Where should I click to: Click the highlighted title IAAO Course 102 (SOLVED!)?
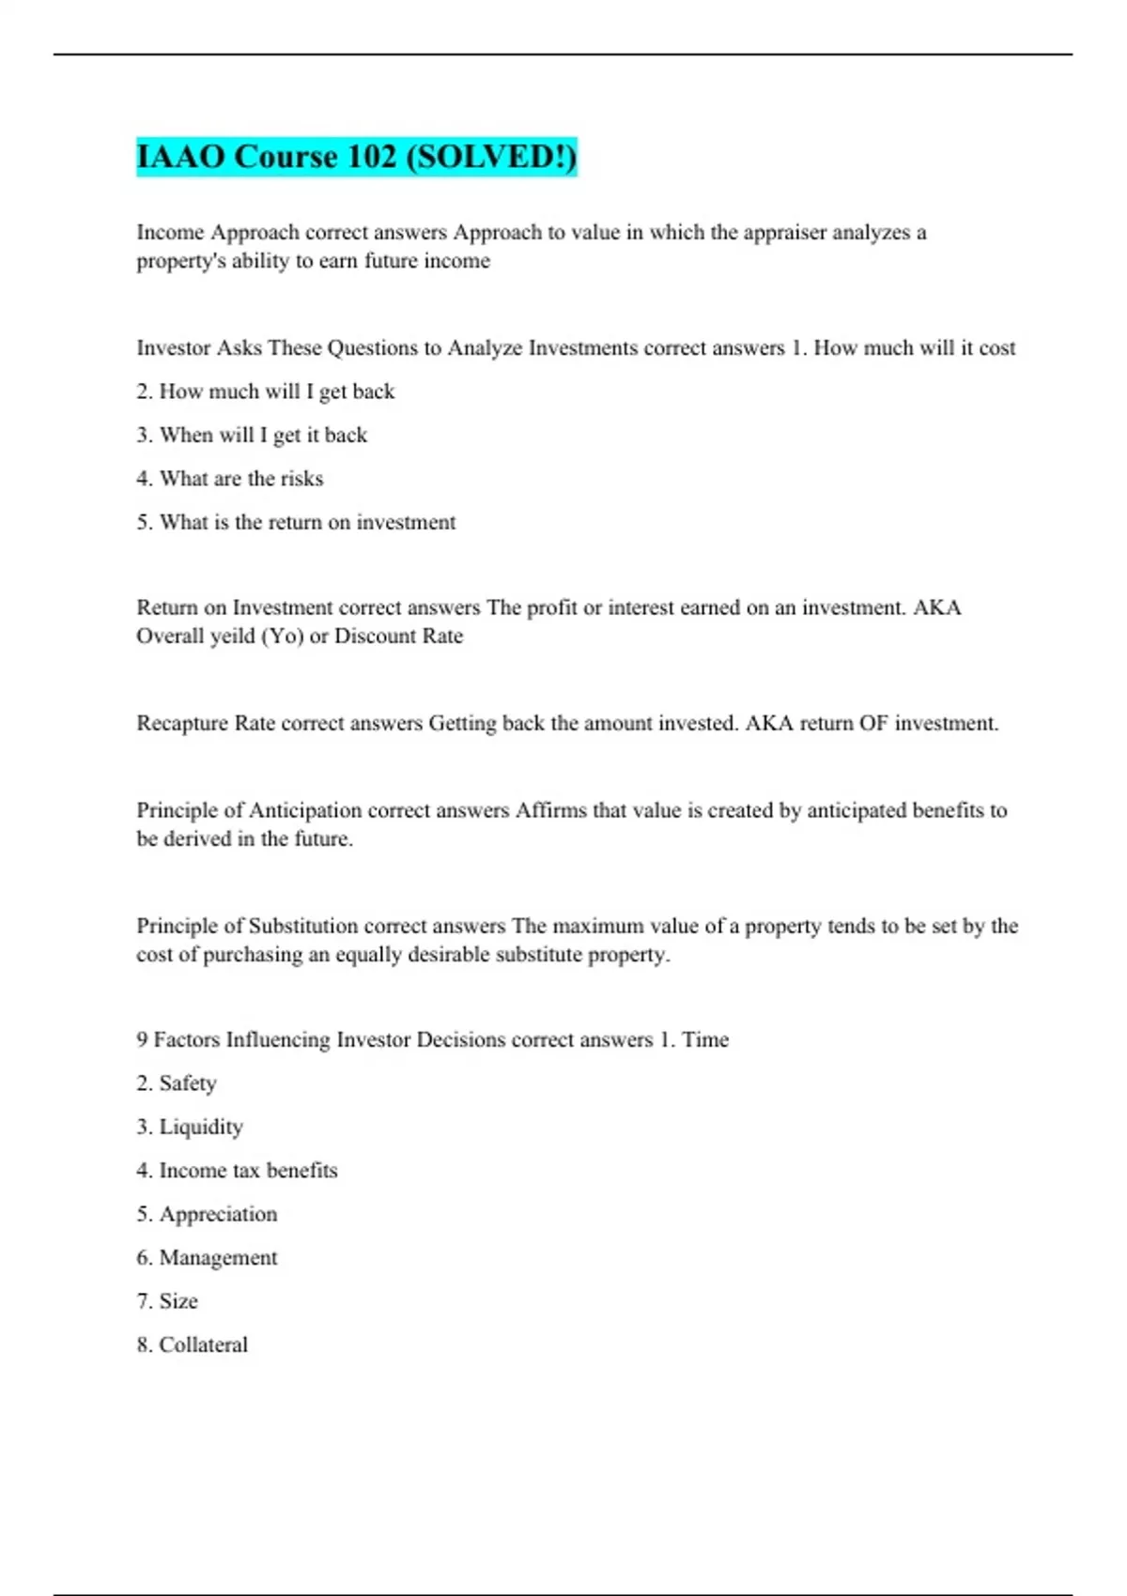356,157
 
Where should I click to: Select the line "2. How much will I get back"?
265,391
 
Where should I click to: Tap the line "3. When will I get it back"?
252,435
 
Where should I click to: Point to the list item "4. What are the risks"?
229,479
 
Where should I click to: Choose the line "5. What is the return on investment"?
296,522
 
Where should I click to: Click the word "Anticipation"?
304,810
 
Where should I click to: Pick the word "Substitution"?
302,926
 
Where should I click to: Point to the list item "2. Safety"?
176,1083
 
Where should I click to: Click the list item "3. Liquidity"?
189,1127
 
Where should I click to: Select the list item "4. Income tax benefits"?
237,1171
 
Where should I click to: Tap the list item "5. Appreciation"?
207,1214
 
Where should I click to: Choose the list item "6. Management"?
207,1258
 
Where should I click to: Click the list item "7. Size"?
167,1301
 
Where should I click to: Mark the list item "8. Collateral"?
192,1344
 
